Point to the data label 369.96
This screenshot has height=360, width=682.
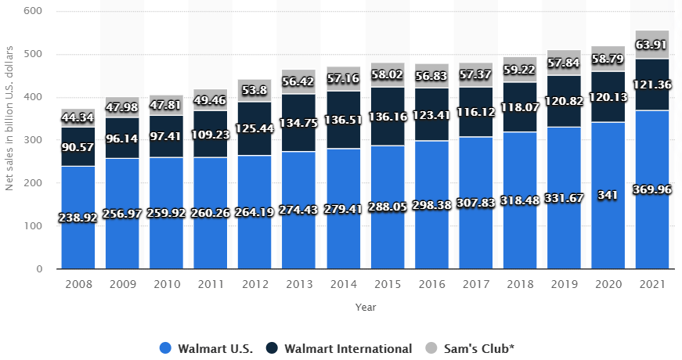651,189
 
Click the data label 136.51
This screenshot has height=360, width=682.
343,121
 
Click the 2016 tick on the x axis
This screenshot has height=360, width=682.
431,284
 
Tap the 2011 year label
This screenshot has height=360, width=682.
211,284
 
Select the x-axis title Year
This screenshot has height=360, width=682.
365,307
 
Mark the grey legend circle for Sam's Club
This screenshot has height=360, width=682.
431,348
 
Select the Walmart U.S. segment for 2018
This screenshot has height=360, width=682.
520,235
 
